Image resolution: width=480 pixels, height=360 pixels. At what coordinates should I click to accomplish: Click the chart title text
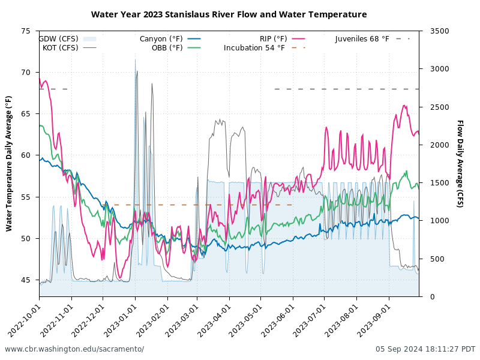point(229,14)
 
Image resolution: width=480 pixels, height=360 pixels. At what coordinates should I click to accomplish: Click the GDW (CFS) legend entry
point(60,39)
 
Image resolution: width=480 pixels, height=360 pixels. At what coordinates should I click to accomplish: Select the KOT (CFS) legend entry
point(60,48)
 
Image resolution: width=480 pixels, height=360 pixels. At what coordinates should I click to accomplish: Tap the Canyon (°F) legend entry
point(161,39)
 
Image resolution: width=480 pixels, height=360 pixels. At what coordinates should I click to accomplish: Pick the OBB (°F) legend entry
point(167,48)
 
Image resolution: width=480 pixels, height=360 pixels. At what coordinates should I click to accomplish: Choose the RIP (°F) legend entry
point(274,39)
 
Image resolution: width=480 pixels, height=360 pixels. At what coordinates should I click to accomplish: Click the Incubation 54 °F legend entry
point(254,48)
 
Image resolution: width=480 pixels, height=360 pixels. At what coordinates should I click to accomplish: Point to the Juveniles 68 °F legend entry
point(362,39)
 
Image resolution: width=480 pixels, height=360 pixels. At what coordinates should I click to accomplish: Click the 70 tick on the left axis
point(25,73)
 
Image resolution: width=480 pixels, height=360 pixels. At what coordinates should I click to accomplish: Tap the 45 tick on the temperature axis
point(25,280)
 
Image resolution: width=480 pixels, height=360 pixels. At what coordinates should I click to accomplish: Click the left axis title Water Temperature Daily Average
point(9,163)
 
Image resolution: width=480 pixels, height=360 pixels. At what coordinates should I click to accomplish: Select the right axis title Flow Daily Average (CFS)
point(460,163)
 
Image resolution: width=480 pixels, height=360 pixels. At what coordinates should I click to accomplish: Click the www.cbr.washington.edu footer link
point(74,349)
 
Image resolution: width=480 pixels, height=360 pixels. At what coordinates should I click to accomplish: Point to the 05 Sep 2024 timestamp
point(425,349)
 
